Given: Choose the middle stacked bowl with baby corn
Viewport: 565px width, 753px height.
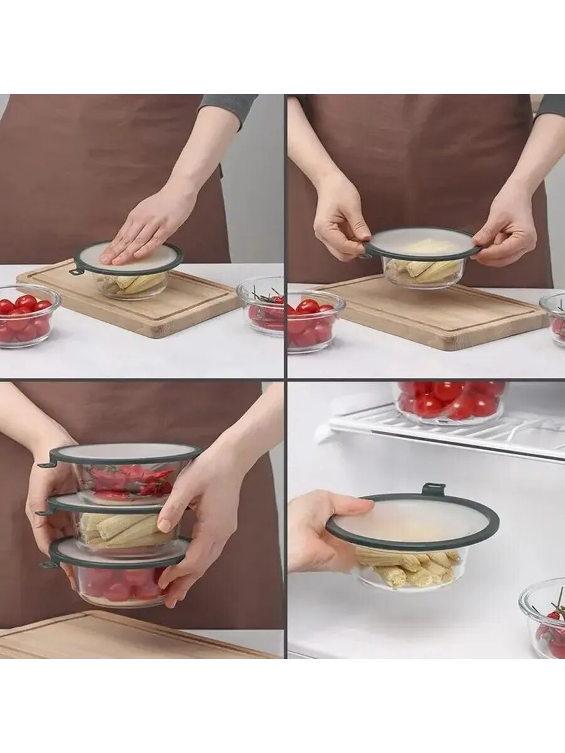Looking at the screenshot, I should pyautogui.click(x=126, y=530).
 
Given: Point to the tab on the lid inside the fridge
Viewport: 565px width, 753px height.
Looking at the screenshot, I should pyautogui.click(x=433, y=489).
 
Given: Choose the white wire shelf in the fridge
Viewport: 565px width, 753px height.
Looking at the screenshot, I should pyautogui.click(x=452, y=433).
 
